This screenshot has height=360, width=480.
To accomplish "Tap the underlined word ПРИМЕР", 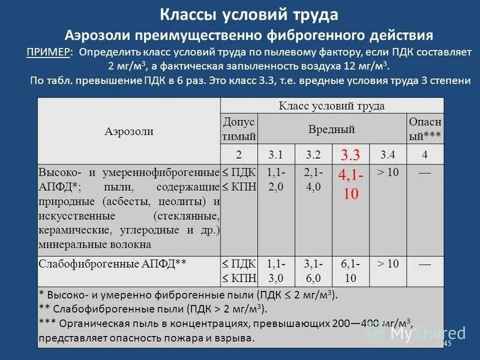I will [48, 52].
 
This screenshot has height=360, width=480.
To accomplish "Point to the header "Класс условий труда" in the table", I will [332, 106].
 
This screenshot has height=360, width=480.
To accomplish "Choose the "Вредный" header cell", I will [332, 129].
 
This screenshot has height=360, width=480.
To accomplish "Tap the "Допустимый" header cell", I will [239, 129].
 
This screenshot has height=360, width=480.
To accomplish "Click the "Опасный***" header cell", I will [425, 129].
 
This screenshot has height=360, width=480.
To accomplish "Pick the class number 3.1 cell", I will [275, 155].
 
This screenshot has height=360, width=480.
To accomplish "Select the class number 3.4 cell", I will [388, 155].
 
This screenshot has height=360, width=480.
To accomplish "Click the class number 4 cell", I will [425, 155].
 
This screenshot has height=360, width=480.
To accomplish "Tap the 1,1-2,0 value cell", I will [275, 179].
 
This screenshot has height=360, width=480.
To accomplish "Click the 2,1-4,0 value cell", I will [313, 179].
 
